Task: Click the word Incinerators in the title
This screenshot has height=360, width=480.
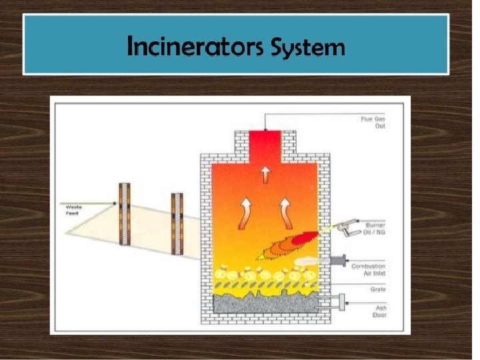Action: click(195, 47)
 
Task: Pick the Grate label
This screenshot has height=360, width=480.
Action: click(379, 289)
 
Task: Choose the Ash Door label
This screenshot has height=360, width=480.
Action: click(379, 311)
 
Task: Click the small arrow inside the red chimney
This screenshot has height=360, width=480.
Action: click(265, 174)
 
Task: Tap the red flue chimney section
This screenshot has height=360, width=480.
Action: click(265, 147)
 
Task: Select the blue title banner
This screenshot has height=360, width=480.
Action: click(236, 45)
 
